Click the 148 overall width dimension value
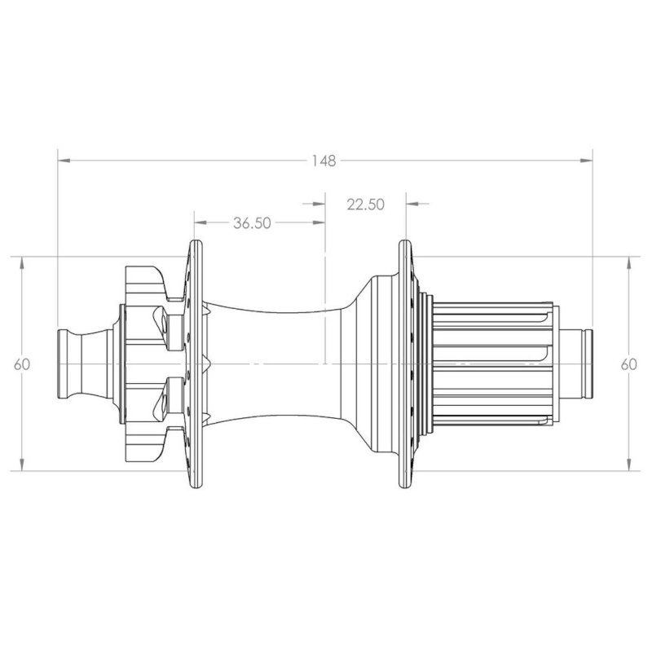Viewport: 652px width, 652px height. (x=324, y=161)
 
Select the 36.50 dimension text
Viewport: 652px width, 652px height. (x=252, y=223)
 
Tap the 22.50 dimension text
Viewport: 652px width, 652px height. (x=366, y=205)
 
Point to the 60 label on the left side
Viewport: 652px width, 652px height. (x=22, y=364)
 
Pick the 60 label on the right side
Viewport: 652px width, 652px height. (x=628, y=364)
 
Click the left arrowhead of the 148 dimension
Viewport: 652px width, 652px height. (x=64, y=160)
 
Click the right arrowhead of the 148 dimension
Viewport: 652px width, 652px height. (x=586, y=160)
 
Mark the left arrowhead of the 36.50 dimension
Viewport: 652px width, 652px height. (x=200, y=222)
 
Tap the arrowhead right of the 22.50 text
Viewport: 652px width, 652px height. (x=412, y=204)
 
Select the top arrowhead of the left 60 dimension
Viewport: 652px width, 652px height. (x=22, y=263)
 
